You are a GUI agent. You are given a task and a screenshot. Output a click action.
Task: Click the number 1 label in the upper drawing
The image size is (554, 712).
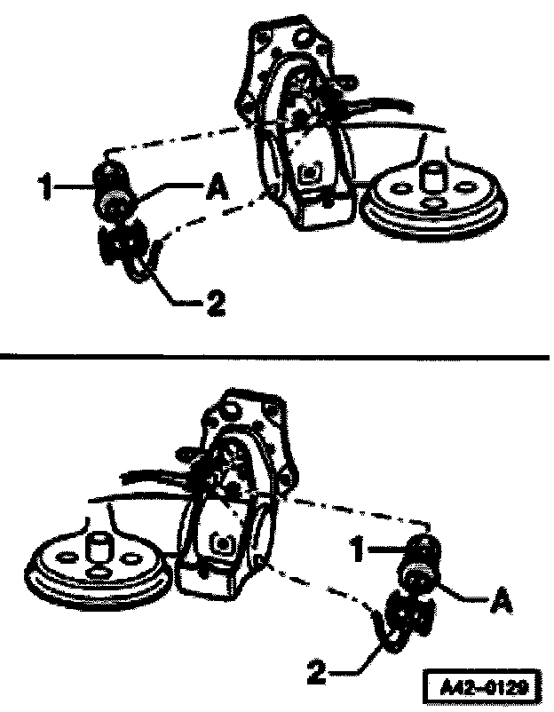point(45,187)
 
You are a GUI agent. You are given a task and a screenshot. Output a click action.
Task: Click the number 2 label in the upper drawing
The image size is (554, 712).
point(216,304)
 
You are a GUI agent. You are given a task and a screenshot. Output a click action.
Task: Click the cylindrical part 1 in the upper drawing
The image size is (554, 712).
point(111,191)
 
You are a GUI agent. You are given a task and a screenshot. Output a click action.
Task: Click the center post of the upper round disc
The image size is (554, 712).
point(432,178)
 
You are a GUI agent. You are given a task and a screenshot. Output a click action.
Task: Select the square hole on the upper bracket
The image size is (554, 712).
point(310,173)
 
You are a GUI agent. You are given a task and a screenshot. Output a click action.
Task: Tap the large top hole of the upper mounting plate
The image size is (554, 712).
point(303,38)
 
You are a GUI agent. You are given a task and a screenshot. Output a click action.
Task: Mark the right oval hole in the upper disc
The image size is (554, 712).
point(464,186)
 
